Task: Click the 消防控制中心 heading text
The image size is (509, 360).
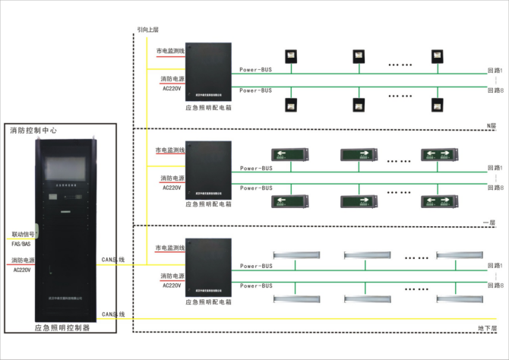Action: coord(38,131)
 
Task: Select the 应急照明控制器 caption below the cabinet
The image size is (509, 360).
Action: coord(62,328)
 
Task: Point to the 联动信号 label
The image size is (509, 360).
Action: coord(23,235)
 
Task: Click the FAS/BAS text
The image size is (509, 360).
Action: coord(21,244)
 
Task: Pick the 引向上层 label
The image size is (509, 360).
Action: coord(147,30)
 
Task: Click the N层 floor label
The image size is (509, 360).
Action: coord(491,125)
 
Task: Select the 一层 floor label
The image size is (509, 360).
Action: coord(489,223)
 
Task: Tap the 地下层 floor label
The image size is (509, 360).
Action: coord(487,328)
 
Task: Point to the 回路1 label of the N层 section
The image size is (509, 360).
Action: coord(495,70)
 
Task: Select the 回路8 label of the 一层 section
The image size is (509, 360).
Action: coord(495,187)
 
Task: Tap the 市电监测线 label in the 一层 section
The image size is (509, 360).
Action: coord(170,150)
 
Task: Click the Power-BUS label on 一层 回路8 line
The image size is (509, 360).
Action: coord(255,187)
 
